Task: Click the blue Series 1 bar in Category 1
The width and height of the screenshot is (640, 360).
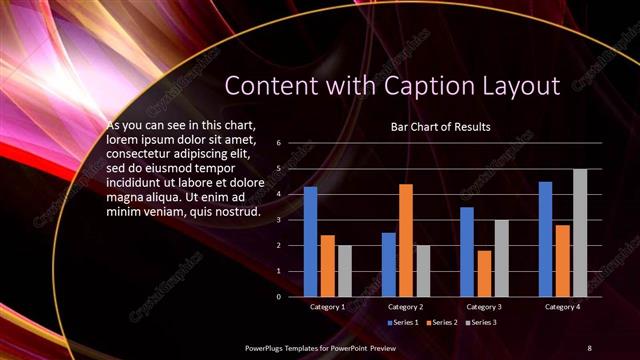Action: (310, 241)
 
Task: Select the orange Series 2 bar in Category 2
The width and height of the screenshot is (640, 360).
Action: (406, 240)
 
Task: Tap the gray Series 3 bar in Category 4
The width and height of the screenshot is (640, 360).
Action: (580, 232)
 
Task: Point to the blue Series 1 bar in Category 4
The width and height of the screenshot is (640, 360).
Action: (546, 238)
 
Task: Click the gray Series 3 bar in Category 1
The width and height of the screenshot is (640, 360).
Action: (344, 270)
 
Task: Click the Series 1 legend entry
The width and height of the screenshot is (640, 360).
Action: (404, 322)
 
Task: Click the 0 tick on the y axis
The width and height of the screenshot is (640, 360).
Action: (280, 296)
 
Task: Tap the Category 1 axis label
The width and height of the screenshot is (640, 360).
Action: (327, 306)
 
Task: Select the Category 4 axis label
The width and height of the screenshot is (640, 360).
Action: (563, 306)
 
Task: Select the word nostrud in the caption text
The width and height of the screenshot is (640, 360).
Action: (238, 211)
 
